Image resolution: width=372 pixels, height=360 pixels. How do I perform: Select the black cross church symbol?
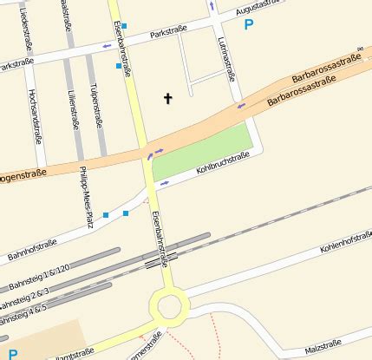167,99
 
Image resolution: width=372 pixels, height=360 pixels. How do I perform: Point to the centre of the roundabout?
169,306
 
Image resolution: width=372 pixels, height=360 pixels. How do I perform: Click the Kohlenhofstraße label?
344,236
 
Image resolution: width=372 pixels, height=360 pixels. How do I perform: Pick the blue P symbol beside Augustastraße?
250,25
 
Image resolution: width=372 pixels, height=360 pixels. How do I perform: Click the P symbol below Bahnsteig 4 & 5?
12,353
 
